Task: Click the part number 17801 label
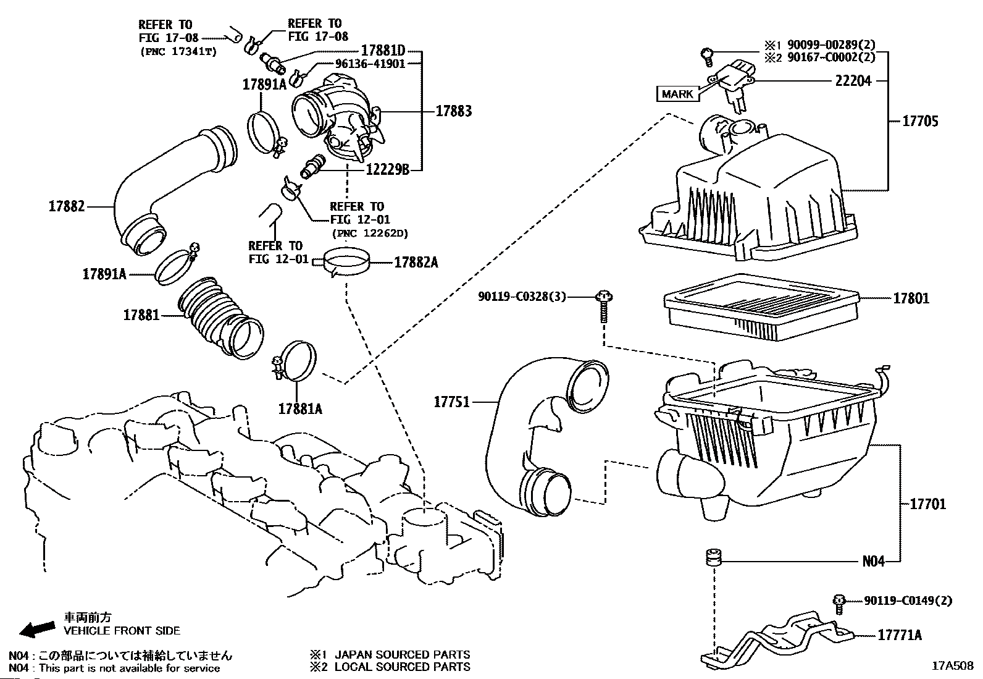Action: click(911, 298)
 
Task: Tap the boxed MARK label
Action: click(677, 94)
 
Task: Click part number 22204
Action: click(853, 80)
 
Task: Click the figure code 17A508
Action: click(953, 666)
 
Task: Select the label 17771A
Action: click(900, 635)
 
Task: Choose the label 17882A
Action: click(416, 263)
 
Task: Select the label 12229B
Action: click(388, 170)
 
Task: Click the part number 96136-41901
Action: click(370, 64)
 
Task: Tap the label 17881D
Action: click(383, 50)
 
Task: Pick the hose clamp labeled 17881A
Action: click(295, 361)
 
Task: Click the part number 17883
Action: click(454, 111)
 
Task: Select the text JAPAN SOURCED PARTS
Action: click(402, 654)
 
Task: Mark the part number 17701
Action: click(927, 504)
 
